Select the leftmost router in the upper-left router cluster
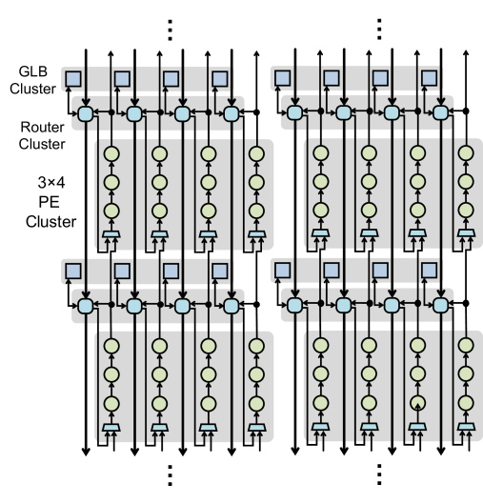[86, 113]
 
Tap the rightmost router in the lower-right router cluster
[440, 305]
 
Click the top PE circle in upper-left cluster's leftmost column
[111, 152]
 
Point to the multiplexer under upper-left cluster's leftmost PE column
[111, 233]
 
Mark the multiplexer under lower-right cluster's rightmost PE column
[465, 427]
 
